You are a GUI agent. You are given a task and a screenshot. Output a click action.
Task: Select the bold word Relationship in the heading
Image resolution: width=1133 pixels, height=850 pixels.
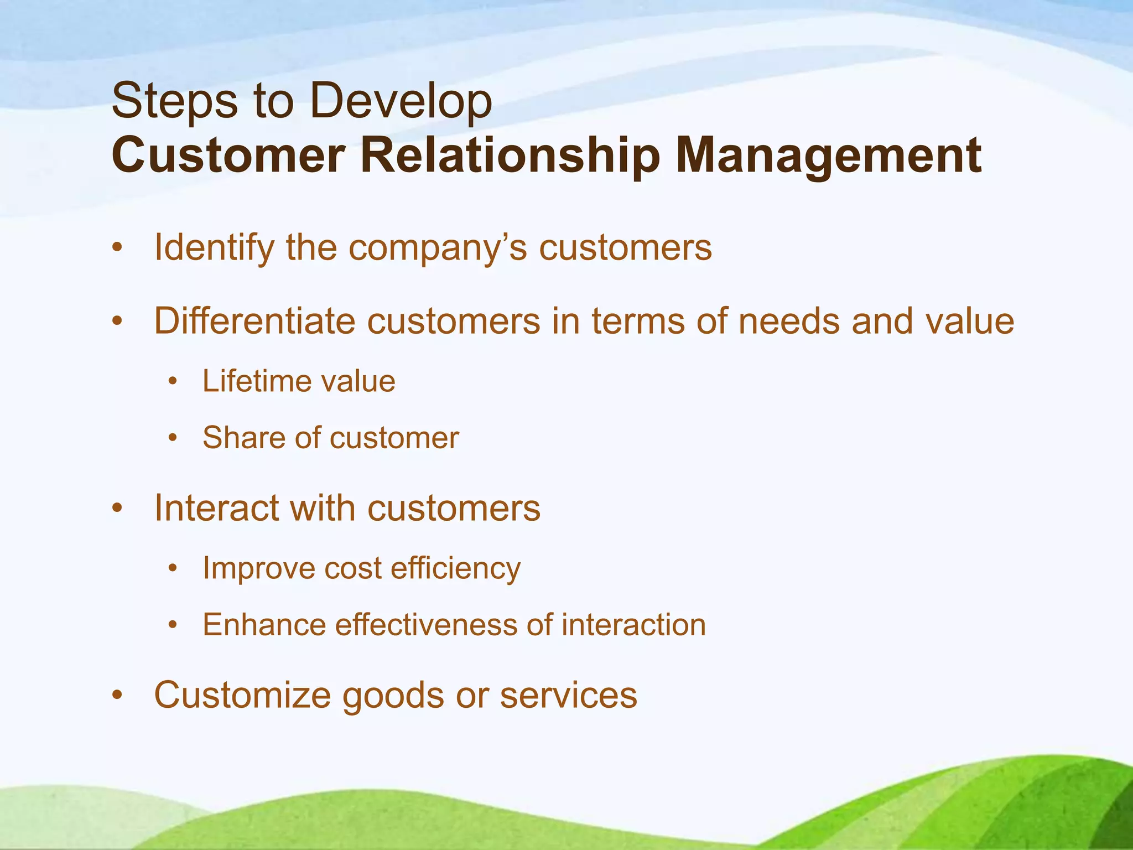click(510, 157)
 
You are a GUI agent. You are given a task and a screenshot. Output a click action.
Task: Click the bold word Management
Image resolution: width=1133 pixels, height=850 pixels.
click(828, 157)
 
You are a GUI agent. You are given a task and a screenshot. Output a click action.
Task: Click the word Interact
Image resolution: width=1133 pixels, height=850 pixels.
click(216, 507)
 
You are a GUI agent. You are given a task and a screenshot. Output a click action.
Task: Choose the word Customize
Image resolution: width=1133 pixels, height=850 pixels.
click(242, 695)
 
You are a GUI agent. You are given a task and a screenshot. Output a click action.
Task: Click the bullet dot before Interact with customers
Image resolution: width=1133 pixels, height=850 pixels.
click(116, 508)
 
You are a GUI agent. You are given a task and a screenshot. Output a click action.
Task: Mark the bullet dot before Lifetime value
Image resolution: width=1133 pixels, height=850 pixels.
click(173, 382)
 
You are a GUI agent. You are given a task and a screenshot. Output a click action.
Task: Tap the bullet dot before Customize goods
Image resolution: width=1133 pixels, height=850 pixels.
click(116, 696)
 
